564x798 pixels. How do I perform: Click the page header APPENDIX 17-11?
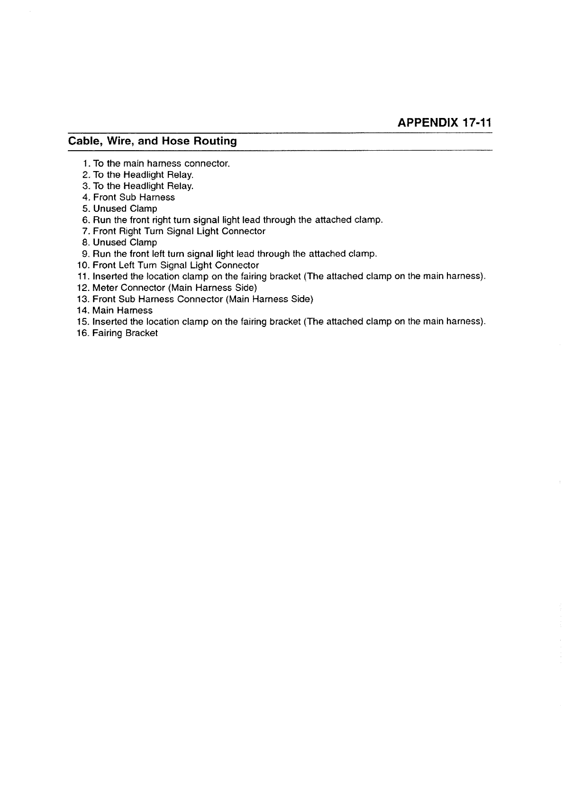pyautogui.click(x=445, y=123)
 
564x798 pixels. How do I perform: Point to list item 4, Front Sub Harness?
pyautogui.click(x=134, y=198)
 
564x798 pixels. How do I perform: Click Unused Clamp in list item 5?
pyautogui.click(x=125, y=209)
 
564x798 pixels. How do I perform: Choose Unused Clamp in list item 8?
pyautogui.click(x=125, y=243)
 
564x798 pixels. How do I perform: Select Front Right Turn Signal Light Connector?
pyautogui.click(x=179, y=231)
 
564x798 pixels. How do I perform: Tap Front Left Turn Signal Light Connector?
pyautogui.click(x=175, y=265)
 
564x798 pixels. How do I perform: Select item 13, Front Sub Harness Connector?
pyautogui.click(x=203, y=299)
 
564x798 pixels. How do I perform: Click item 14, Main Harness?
pyautogui.click(x=122, y=311)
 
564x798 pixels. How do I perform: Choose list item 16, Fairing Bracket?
pyautogui.click(x=125, y=334)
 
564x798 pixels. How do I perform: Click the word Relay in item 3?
pyautogui.click(x=179, y=186)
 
